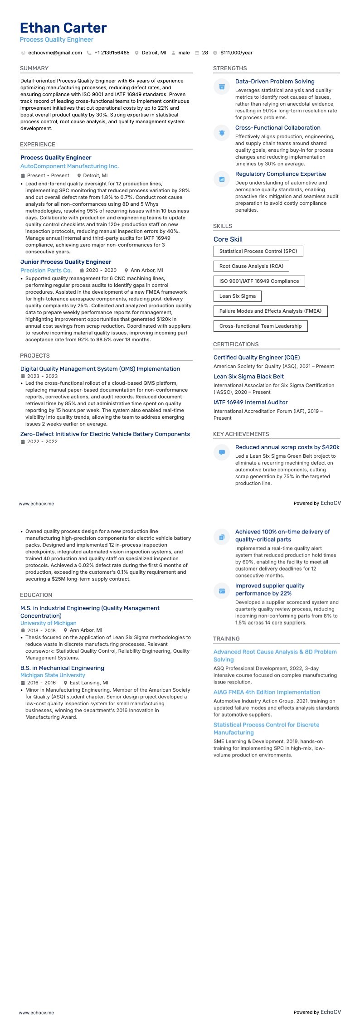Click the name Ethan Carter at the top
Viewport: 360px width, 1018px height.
pos(63,28)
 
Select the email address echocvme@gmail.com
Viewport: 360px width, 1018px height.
pos(55,53)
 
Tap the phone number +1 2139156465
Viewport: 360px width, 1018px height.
pos(112,53)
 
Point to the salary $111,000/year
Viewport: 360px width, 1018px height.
pos(236,53)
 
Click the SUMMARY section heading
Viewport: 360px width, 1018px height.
pos(34,68)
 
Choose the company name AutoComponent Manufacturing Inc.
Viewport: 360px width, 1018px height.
pos(69,166)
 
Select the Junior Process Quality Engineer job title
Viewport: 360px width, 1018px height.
pos(66,262)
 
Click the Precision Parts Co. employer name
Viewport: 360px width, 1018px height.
pos(46,271)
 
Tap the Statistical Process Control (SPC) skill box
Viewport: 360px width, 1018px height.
pos(258,251)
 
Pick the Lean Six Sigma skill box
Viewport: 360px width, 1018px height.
pos(237,296)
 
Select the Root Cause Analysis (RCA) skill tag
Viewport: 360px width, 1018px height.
pos(251,266)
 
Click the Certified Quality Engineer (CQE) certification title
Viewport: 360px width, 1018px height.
pos(257,358)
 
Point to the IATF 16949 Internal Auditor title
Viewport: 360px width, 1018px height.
pos(250,402)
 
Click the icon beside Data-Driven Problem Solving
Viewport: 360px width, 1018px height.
pos(222,87)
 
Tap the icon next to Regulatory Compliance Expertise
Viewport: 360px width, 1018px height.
pos(222,179)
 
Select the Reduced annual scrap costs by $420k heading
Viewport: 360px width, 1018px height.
pos(287,447)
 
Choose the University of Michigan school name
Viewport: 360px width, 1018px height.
pos(48,623)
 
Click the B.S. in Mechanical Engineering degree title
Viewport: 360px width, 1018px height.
pos(62,668)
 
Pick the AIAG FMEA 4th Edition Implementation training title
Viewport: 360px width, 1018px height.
pos(267,692)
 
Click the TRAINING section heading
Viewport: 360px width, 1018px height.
pos(226,639)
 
